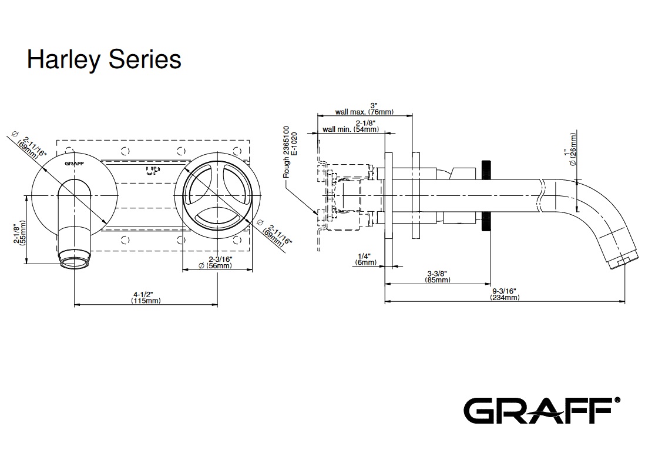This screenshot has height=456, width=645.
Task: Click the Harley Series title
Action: tap(104, 59)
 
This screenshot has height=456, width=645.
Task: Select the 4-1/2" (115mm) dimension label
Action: tap(146, 297)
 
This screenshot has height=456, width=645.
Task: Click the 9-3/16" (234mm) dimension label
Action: tap(505, 294)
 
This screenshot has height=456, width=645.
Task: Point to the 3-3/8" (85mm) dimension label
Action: tap(438, 276)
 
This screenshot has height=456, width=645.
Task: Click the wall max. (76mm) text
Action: tap(364, 111)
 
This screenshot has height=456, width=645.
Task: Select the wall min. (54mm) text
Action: tap(351, 129)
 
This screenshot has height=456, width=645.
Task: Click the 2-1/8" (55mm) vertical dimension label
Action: tap(21, 234)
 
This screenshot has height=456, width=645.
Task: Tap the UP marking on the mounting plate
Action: tap(152, 171)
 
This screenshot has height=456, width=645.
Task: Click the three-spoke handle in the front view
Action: tap(217, 194)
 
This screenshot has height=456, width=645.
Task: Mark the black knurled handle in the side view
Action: tap(486, 195)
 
